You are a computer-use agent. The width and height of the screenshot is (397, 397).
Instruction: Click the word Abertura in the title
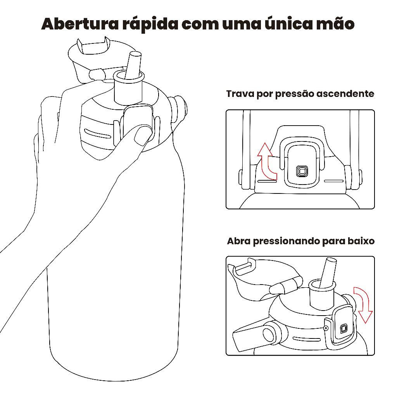pos(80,24)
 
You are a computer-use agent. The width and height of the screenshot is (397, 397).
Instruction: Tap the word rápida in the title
pos(150,24)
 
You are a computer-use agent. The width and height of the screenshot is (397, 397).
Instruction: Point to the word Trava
pos(240,94)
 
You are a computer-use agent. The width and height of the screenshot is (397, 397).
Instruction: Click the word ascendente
pos(345,94)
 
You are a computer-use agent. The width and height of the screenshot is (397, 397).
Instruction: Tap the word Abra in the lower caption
pos(239,241)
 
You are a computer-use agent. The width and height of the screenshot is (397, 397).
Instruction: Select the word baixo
pos(361,241)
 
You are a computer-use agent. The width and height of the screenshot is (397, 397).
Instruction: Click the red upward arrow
pos(266,161)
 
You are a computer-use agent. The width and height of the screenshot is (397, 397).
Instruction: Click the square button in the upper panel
pos(302,171)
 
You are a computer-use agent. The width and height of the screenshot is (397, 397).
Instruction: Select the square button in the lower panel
pos(343,329)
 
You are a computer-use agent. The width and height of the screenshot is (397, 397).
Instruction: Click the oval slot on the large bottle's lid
pos(97,134)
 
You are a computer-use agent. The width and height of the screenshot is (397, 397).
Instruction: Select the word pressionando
pos(286,241)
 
